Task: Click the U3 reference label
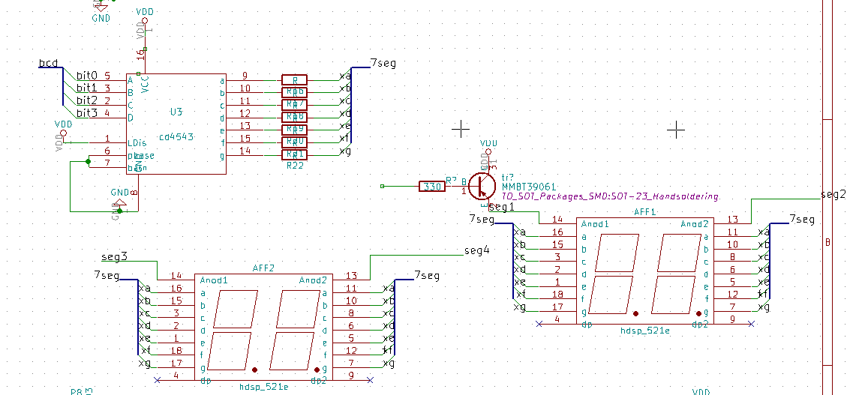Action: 176,112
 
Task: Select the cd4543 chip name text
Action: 177,137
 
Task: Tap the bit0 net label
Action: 87,76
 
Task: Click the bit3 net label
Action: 87,113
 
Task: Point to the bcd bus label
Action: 48,64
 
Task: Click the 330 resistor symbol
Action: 431,186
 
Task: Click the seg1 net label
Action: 501,207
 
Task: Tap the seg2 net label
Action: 833,195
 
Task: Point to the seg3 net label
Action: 114,256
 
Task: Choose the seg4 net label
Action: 476,250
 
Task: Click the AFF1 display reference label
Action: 645,212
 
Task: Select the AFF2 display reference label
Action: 263,268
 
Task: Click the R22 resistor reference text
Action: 295,165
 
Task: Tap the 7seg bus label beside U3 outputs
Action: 383,64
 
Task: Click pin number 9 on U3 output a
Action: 245,76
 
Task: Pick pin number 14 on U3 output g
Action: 245,151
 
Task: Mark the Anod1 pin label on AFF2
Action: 214,280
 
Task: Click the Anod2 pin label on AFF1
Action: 695,224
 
